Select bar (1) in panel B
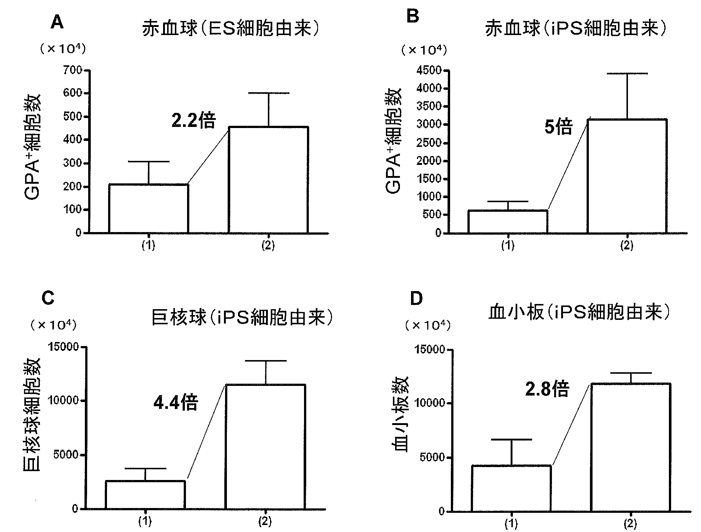508,221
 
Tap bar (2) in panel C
265,446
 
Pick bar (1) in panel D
511,488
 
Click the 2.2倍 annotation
193,120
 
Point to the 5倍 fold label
558,127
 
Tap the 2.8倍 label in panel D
547,389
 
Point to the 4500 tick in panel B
429,70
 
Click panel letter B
412,17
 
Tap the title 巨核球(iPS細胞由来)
242,317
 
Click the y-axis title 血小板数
400,414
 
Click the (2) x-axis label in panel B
626,246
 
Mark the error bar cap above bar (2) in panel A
268,93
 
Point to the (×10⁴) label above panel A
63,49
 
